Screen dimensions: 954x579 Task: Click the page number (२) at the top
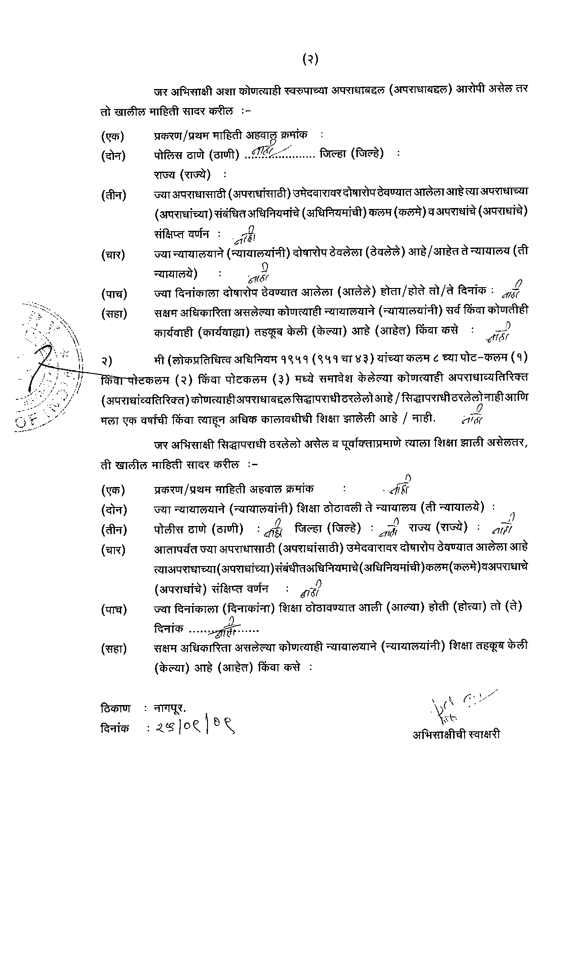[310, 60]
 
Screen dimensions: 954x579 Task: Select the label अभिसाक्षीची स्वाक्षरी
[456, 735]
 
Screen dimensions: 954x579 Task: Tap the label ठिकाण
[115, 708]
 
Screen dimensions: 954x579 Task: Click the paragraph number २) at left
[107, 361]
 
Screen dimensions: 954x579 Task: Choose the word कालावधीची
[284, 419]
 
